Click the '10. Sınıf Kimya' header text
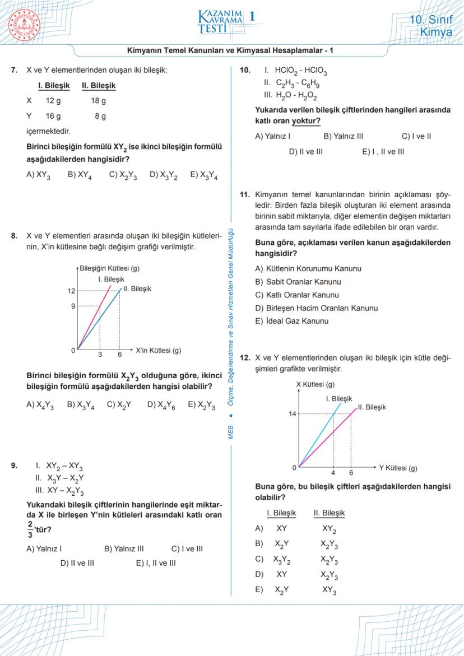430,26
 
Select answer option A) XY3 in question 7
38,175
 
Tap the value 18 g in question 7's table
98,101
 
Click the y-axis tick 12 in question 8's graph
71,291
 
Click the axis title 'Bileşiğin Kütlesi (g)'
110,268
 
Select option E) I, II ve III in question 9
155,563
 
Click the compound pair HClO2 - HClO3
300,72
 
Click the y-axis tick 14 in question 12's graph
292,413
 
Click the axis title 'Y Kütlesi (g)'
398,467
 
